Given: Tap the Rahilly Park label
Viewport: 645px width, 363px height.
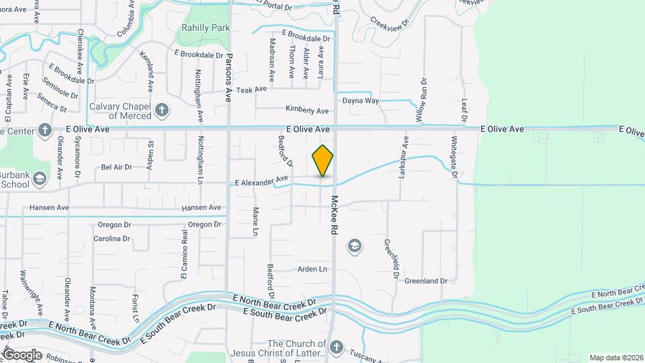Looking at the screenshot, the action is point(206,28).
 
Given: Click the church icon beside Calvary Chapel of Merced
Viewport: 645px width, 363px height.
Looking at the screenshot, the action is point(161,110).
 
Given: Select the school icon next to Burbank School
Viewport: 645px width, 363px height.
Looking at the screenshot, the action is point(40,178).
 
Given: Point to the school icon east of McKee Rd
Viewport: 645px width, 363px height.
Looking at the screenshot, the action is point(354,247).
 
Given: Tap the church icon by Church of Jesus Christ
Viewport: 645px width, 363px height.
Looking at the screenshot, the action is point(336,348).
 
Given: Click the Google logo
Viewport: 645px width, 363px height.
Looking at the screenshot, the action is point(22,354).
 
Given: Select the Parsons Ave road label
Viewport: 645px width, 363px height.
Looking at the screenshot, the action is point(229,78).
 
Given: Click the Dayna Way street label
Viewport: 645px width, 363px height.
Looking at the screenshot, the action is point(361,101).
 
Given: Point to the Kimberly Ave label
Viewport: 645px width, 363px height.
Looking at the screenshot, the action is point(307,110).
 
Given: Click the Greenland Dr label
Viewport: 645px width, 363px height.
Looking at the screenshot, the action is point(426,280).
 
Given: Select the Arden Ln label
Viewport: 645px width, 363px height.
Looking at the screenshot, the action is point(312,269).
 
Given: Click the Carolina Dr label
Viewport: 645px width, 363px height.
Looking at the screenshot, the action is point(112,239).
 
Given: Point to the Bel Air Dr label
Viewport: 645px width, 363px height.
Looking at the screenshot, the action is point(116,167).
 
